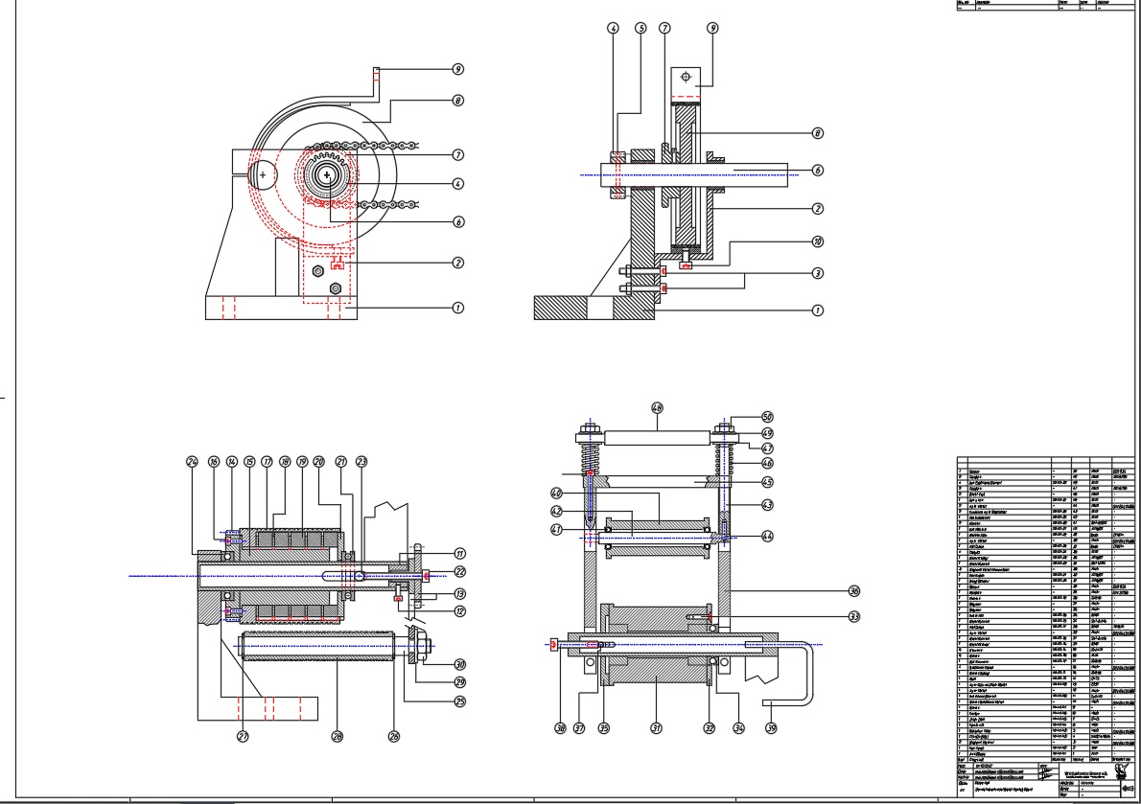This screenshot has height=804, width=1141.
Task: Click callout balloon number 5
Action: tap(640, 29)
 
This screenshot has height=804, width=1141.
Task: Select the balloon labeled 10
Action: tap(818, 241)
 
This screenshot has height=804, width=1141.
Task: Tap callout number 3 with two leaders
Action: tap(818, 273)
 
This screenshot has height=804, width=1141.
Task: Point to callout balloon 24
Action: tap(192, 461)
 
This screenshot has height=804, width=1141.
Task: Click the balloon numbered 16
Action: tap(213, 461)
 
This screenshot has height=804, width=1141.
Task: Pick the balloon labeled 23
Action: tap(361, 461)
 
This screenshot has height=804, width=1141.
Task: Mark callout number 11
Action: tap(460, 553)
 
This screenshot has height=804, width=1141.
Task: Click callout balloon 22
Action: tap(460, 572)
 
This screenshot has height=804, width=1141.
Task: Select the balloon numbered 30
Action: tap(460, 663)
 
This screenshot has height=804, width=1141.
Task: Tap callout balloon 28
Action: tap(338, 736)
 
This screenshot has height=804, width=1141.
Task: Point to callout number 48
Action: tap(657, 407)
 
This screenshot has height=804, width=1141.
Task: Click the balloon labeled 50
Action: tap(767, 417)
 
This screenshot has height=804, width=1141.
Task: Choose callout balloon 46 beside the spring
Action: tap(767, 463)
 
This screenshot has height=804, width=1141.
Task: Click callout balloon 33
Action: tap(854, 616)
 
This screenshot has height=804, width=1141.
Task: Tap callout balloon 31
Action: tap(657, 727)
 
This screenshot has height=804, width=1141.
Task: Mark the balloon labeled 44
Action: tap(767, 537)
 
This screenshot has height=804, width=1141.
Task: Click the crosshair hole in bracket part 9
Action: tap(687, 75)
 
